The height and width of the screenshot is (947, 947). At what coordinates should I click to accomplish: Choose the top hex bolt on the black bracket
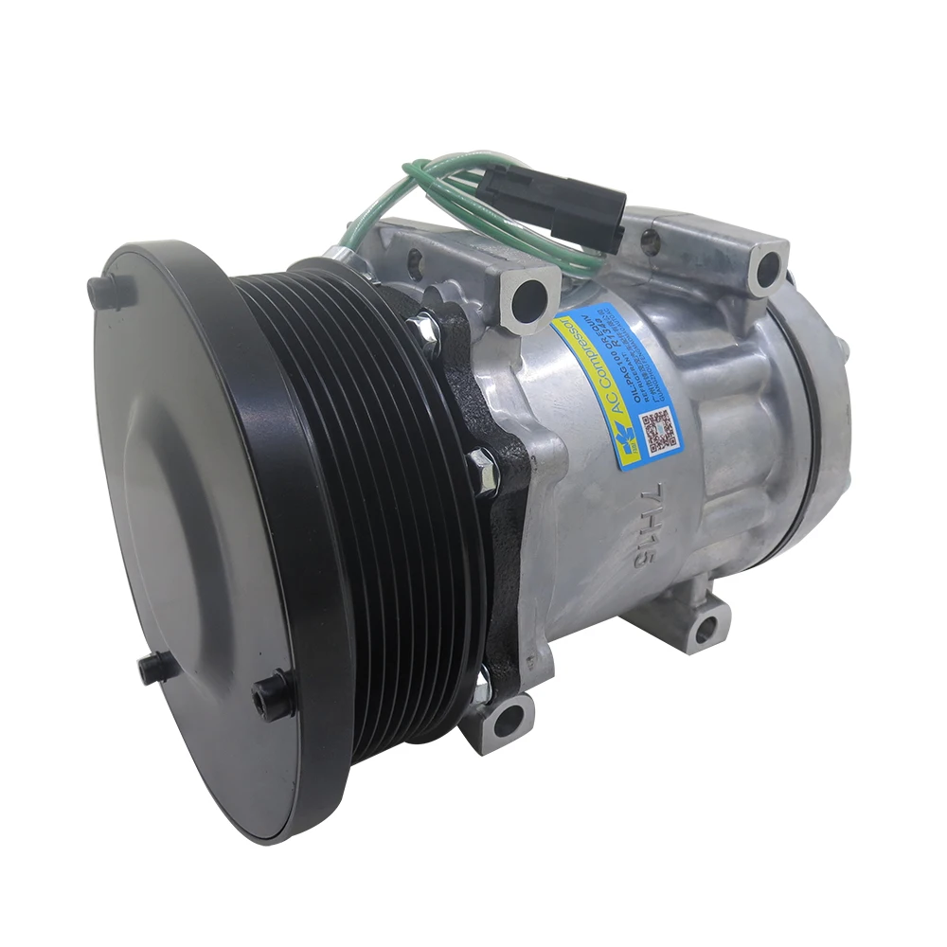pyautogui.click(x=423, y=328)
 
